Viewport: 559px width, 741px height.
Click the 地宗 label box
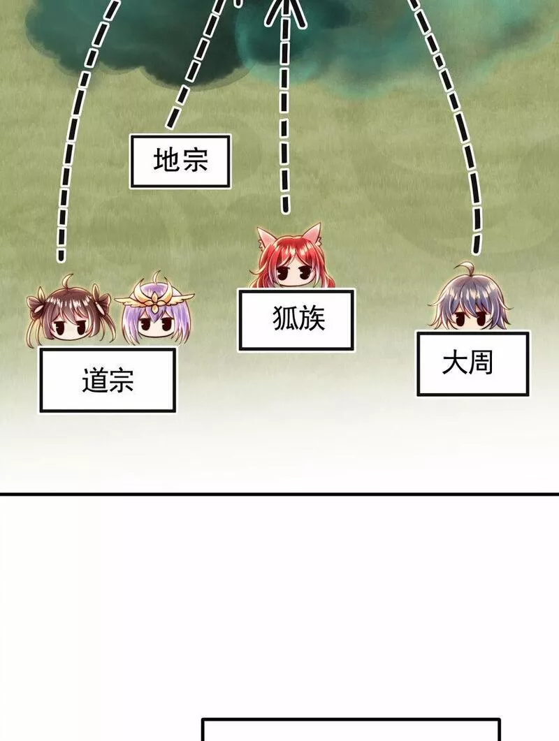[180, 161]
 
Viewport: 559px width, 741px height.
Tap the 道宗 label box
[108, 381]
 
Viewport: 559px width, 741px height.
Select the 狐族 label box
[296, 319]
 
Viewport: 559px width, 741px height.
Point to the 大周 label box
[473, 364]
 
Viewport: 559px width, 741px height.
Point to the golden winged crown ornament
[155, 298]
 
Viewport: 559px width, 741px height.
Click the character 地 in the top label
[166, 161]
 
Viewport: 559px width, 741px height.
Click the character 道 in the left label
[94, 381]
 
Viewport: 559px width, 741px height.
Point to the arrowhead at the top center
[285, 10]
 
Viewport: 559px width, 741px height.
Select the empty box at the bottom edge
[351, 730]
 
